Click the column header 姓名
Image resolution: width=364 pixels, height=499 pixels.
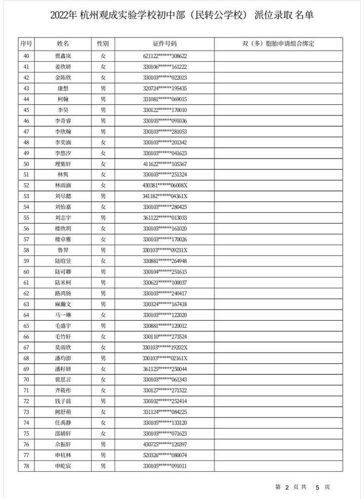[63, 44]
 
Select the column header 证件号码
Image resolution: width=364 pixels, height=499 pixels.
[165, 44]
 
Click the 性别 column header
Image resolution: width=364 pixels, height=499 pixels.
[103, 44]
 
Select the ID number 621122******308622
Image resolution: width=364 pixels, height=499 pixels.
[165, 56]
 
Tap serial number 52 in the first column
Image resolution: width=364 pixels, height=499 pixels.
[26, 185]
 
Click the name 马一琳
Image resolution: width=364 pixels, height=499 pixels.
[63, 315]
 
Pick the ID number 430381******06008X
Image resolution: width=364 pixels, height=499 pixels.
[165, 185]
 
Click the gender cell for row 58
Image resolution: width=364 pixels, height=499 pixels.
[103, 250]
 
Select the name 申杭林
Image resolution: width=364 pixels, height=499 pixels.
[63, 455]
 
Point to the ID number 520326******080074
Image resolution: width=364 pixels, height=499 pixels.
[165, 455]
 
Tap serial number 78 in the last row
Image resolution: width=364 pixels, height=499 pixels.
[26, 466]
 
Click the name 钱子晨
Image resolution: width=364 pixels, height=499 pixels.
[63, 401]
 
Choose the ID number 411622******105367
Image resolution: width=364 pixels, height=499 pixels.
[165, 164]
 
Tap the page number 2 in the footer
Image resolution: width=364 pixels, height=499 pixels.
[287, 487]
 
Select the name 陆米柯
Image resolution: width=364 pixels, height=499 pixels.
[63, 283]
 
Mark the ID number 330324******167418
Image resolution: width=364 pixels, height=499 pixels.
[165, 304]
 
